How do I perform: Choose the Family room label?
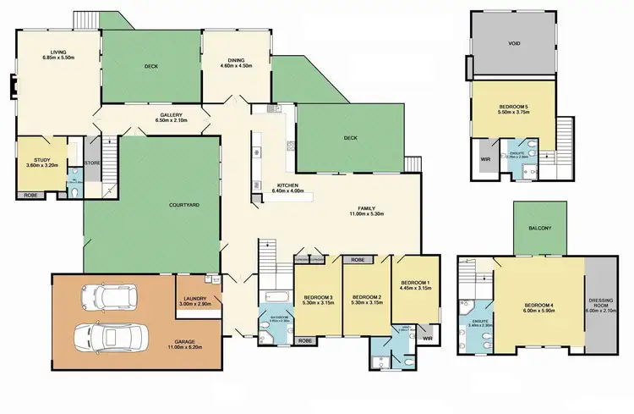(x=367, y=208)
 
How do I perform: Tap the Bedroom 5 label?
(x=513, y=107)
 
